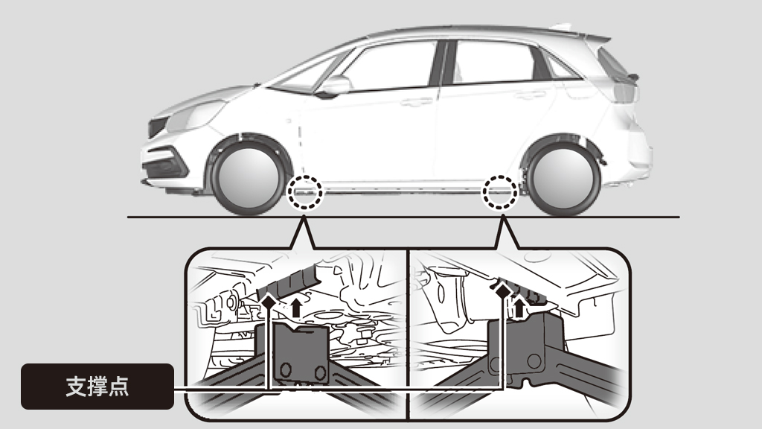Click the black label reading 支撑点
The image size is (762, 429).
pos(97,387)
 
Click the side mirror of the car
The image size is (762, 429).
pos(333,86)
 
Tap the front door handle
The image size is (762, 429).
pos(416,102)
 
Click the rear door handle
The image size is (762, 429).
pos(531,95)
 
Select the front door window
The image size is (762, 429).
pos(388,66)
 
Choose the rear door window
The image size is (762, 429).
pos(496,61)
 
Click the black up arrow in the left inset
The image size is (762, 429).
pos(296,308)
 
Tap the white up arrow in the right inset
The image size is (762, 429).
pos(519,308)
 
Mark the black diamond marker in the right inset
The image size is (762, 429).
pos(503,291)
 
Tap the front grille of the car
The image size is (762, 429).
pos(157,127)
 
